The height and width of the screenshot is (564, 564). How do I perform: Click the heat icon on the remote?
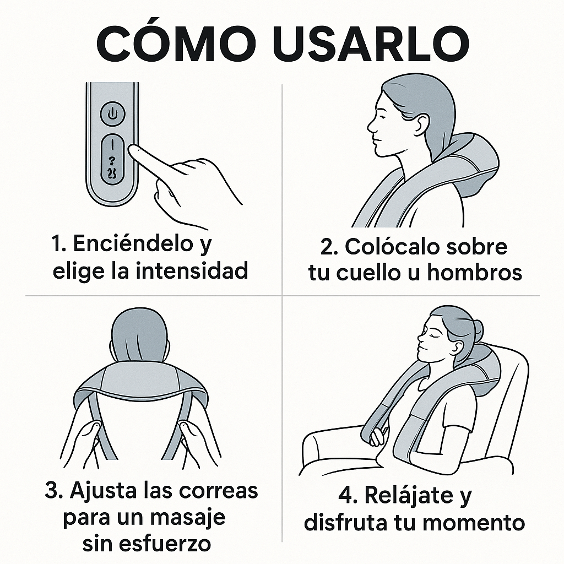click(113, 174)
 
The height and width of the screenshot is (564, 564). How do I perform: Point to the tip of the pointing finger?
click(132, 149)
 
